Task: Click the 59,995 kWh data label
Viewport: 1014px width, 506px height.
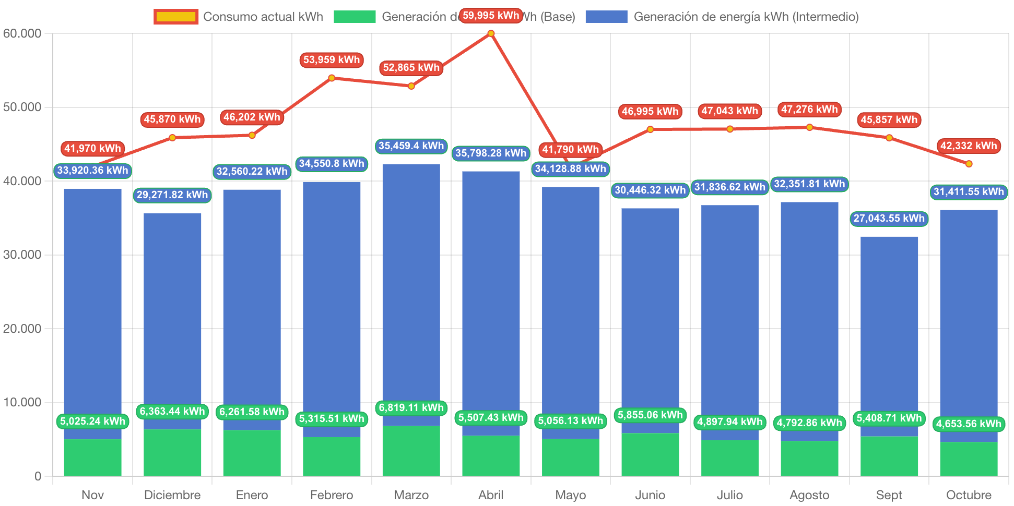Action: (491, 16)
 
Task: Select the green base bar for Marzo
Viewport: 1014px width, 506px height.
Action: (411, 451)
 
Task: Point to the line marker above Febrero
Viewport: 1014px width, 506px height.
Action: (332, 78)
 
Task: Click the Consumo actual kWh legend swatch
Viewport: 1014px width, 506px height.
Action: (176, 17)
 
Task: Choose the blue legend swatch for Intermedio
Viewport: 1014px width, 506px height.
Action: (606, 17)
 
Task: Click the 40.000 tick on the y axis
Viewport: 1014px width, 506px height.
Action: (22, 181)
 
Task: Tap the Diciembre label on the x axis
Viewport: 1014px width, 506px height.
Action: (172, 495)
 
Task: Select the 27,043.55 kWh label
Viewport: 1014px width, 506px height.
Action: (889, 218)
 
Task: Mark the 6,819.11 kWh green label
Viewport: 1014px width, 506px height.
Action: (411, 407)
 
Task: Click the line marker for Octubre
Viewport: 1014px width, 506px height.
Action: (969, 164)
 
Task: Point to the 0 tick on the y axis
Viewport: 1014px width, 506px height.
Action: (38, 476)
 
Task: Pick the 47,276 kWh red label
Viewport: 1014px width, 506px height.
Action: (809, 110)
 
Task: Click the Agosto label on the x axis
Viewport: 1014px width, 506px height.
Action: (809, 495)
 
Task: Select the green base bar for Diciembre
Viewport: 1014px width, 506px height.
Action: (172, 452)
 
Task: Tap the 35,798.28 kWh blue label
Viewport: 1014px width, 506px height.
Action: (491, 153)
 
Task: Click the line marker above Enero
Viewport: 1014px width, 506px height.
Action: (252, 135)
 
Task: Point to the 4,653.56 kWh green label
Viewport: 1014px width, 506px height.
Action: (969, 424)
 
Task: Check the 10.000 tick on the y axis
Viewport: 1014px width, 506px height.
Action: (22, 402)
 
